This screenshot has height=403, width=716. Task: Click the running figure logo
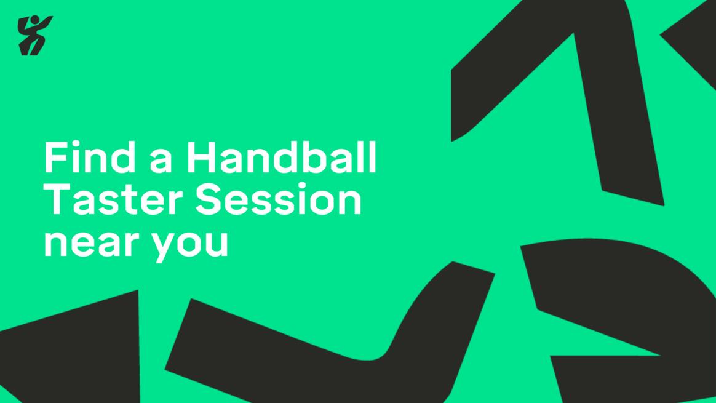coord(34,36)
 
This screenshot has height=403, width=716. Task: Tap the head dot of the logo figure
coord(34,20)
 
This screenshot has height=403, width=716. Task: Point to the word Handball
coord(282,157)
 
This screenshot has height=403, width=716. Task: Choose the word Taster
coord(114,199)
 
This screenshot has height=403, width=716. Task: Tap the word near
coord(91,242)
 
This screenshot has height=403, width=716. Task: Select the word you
coord(189,247)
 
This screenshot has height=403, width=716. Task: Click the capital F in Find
coord(55,157)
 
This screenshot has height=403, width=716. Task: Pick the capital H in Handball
coord(201,157)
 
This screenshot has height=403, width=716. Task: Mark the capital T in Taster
coord(58,199)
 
